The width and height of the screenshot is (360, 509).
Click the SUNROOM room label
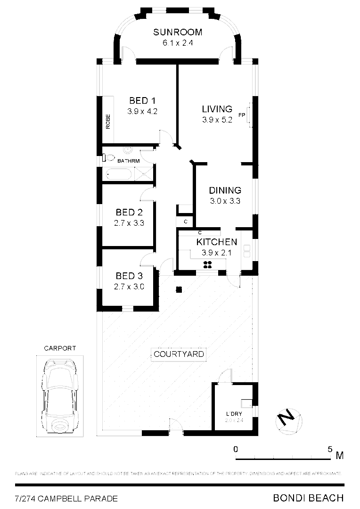178,33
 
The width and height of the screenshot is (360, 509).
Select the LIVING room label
217,109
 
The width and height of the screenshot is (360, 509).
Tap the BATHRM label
129,161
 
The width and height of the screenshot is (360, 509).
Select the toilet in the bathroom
108,158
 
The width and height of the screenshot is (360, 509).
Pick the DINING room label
225,190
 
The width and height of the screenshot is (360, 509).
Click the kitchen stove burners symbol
208,264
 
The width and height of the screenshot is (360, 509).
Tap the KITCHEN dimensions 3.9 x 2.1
216,253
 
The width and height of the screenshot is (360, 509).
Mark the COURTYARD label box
179,354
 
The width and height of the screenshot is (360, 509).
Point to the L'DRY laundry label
234,414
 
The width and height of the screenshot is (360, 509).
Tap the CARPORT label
60,348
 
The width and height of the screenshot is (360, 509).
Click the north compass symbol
287,419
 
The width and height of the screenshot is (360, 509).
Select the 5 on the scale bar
330,449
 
